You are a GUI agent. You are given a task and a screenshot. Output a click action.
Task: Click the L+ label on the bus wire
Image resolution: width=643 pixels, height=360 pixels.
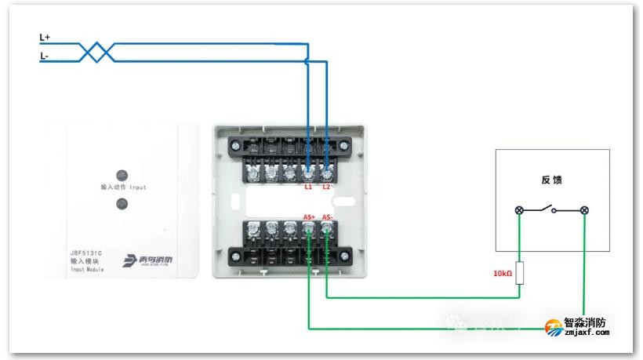[45, 37]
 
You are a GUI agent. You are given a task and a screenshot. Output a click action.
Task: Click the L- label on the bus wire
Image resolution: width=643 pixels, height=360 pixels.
[45, 56]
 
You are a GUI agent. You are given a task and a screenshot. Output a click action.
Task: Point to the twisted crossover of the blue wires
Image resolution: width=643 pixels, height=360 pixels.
[97, 52]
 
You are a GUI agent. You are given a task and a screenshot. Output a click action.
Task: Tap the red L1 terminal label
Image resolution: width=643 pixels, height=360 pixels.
[307, 187]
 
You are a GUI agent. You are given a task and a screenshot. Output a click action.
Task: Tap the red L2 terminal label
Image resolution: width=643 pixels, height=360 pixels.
[327, 187]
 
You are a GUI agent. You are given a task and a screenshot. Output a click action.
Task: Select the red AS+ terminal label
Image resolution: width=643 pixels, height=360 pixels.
[308, 217]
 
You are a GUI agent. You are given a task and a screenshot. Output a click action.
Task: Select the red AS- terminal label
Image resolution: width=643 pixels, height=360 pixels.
[328, 217]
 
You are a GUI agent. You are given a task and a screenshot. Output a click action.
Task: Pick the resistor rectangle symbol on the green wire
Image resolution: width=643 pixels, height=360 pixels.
[519, 271]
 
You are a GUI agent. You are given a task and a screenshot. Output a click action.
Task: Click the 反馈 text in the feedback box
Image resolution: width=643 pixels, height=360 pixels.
[552, 180]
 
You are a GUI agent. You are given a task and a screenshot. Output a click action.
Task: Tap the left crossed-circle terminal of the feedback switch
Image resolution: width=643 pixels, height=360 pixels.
[519, 210]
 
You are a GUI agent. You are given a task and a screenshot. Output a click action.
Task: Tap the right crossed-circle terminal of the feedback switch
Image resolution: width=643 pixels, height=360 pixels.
[584, 210]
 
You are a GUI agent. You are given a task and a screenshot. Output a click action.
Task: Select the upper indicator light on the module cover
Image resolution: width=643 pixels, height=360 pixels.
[122, 175]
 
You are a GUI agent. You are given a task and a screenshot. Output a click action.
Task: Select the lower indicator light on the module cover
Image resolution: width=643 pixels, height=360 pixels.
[122, 204]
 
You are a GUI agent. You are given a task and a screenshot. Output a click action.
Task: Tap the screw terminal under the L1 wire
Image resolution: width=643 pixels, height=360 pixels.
[308, 169]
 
